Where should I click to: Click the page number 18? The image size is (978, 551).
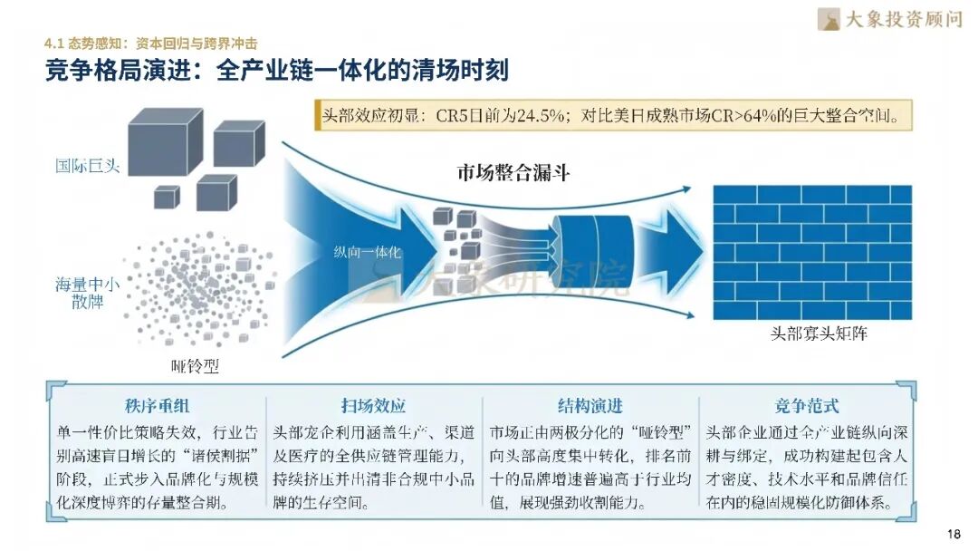coord(953,533)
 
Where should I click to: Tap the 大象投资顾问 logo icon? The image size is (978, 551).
coord(828,19)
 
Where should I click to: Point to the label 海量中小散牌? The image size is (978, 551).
coord(87,292)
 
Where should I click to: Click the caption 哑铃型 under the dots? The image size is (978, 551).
coord(195,366)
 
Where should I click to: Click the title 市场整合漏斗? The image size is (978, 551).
coord(513,172)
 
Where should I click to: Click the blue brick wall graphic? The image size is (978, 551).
coord(811,252)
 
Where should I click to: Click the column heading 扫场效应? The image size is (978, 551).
coord(373,405)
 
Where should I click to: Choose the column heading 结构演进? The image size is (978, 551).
coord(590,405)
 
